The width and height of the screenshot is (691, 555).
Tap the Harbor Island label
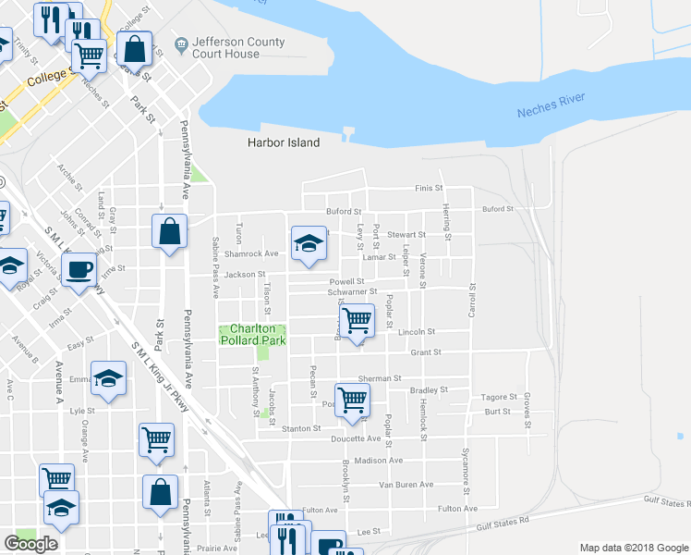(284, 142)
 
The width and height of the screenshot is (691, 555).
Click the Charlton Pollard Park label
(252, 334)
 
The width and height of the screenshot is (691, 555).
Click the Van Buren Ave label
(406, 484)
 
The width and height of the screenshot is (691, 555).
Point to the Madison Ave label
(379, 460)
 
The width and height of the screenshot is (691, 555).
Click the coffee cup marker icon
(79, 269)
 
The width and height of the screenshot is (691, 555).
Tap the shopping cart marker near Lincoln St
(357, 320)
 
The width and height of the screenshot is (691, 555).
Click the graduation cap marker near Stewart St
(309, 242)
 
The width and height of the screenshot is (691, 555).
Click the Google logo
(30, 544)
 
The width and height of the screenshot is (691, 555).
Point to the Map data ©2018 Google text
(633, 548)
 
